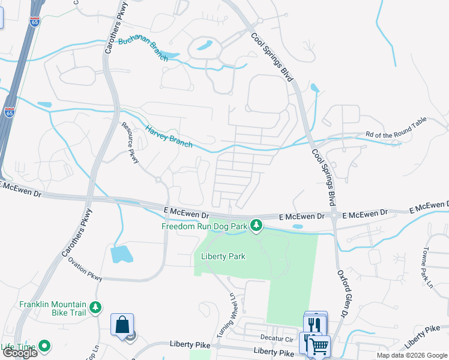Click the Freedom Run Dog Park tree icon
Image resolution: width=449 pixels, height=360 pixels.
click(256, 226)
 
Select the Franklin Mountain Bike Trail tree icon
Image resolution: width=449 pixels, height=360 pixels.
click(95, 308)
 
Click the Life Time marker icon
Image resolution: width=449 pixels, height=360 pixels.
click(44, 346)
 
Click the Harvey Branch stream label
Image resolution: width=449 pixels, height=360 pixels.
click(169, 136)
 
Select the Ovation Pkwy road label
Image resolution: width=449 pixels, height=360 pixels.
click(85, 268)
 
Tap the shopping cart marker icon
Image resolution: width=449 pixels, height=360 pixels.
click(318, 345)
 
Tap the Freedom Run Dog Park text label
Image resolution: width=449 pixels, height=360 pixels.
click(205, 226)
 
